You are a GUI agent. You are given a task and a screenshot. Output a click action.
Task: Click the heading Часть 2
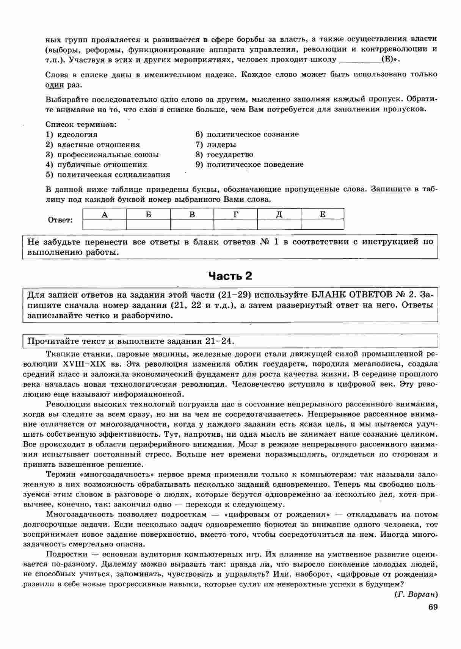[230, 276]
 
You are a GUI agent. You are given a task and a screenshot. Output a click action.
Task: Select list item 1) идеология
[72, 135]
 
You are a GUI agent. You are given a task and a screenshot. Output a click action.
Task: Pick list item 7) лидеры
[216, 144]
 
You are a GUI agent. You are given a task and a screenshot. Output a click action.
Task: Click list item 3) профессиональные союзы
[102, 155]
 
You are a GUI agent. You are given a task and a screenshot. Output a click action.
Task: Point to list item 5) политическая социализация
[108, 175]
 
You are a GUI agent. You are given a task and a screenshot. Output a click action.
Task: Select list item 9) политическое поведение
[249, 165]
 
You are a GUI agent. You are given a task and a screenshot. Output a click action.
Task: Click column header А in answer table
[105, 215]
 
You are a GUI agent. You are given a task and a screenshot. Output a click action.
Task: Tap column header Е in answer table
[323, 215]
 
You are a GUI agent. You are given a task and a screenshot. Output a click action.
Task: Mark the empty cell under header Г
[235, 224]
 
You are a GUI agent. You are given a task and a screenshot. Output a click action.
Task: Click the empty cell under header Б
[148, 224]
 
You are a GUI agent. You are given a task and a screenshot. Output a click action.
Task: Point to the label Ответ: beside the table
[61, 220]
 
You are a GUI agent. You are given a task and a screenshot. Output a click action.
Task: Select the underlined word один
[54, 85]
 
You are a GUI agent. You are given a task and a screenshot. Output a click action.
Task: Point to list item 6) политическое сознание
[247, 135]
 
